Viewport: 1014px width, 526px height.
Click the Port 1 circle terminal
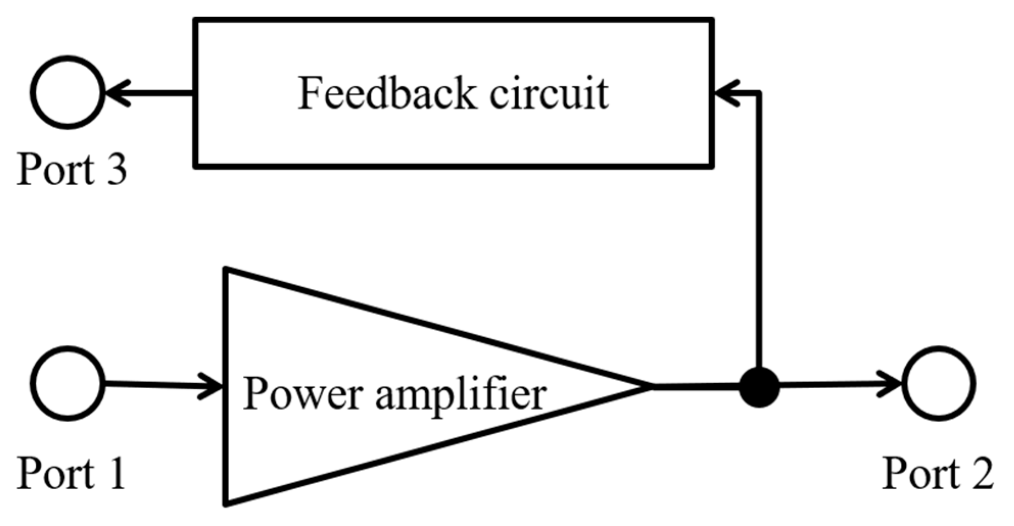(x=68, y=383)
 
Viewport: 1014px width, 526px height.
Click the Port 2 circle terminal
(x=939, y=383)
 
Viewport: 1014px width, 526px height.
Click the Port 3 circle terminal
(x=68, y=92)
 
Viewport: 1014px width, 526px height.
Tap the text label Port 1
(x=71, y=474)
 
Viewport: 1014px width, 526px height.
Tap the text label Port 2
(x=938, y=474)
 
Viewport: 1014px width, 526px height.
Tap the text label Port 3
(x=71, y=169)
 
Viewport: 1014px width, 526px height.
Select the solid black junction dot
(x=760, y=387)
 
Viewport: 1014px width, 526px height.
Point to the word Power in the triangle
(x=303, y=394)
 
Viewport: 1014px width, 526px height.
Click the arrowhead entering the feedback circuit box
(x=726, y=93)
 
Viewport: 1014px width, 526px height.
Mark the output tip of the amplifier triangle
(x=649, y=386)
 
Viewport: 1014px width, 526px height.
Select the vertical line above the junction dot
(x=760, y=230)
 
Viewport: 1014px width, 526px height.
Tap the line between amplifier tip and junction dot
(x=697, y=387)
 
